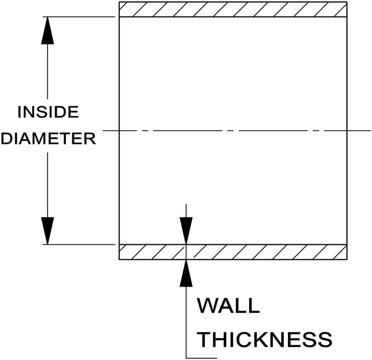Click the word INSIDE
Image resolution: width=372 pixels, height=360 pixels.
coord(48,112)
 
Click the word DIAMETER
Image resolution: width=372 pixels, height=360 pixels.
coord(48,139)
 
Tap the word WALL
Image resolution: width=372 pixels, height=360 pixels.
coord(228,306)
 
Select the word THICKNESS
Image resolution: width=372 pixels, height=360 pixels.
coord(265,340)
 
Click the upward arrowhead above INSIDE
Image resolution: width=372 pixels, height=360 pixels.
coord(47,31)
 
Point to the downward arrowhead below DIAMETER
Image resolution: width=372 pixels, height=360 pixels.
coord(47,231)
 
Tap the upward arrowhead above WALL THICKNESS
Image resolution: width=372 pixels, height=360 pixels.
coord(186,274)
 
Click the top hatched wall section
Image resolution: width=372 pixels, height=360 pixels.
coord(232,9)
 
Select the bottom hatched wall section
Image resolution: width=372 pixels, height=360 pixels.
coord(266,252)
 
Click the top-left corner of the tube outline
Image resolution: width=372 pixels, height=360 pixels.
coord(119,2)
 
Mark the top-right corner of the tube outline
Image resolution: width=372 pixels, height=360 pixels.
coord(347,2)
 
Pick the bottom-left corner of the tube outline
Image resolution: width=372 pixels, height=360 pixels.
coord(119,259)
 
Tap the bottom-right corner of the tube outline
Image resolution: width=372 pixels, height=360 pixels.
coord(347,259)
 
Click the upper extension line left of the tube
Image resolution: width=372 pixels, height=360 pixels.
coord(81,17)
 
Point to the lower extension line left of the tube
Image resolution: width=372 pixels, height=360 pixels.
coord(81,244)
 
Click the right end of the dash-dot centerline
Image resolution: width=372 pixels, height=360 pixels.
coord(370,130)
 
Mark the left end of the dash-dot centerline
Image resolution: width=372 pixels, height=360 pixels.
coord(103,130)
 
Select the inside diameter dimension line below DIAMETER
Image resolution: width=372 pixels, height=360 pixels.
coord(47,185)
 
